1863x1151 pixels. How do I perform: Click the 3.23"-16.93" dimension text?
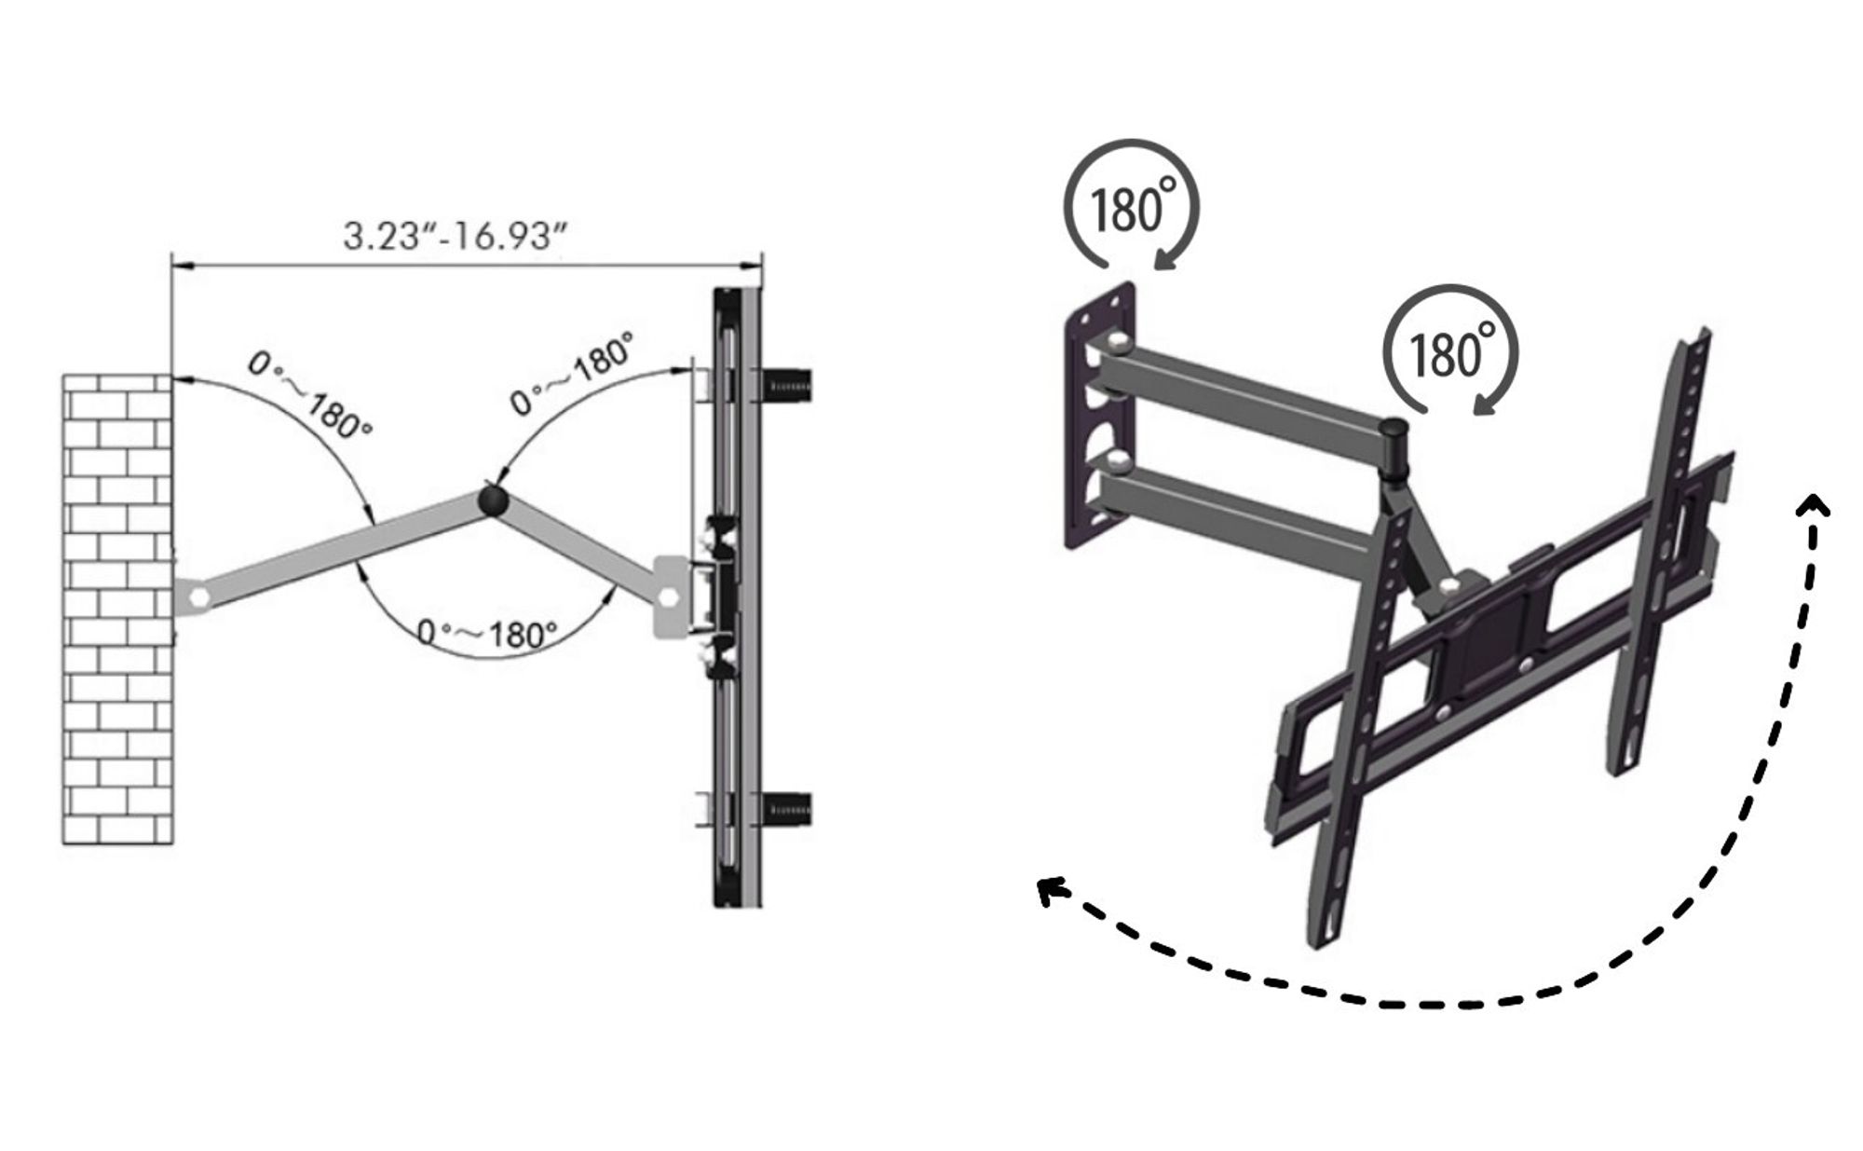tap(455, 236)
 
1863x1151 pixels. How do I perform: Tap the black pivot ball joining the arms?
tap(493, 500)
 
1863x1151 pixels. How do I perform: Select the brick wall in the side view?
tap(117, 610)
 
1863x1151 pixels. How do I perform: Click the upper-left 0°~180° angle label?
tap(310, 395)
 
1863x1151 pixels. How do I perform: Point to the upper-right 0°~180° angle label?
tap(575, 373)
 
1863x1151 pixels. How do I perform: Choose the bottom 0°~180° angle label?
tap(487, 634)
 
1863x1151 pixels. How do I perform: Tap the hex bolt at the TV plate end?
tap(668, 596)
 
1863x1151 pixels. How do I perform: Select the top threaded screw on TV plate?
tap(787, 384)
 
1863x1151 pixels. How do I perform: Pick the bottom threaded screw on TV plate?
tap(787, 805)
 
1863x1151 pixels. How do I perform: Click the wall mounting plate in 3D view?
tap(1101, 416)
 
